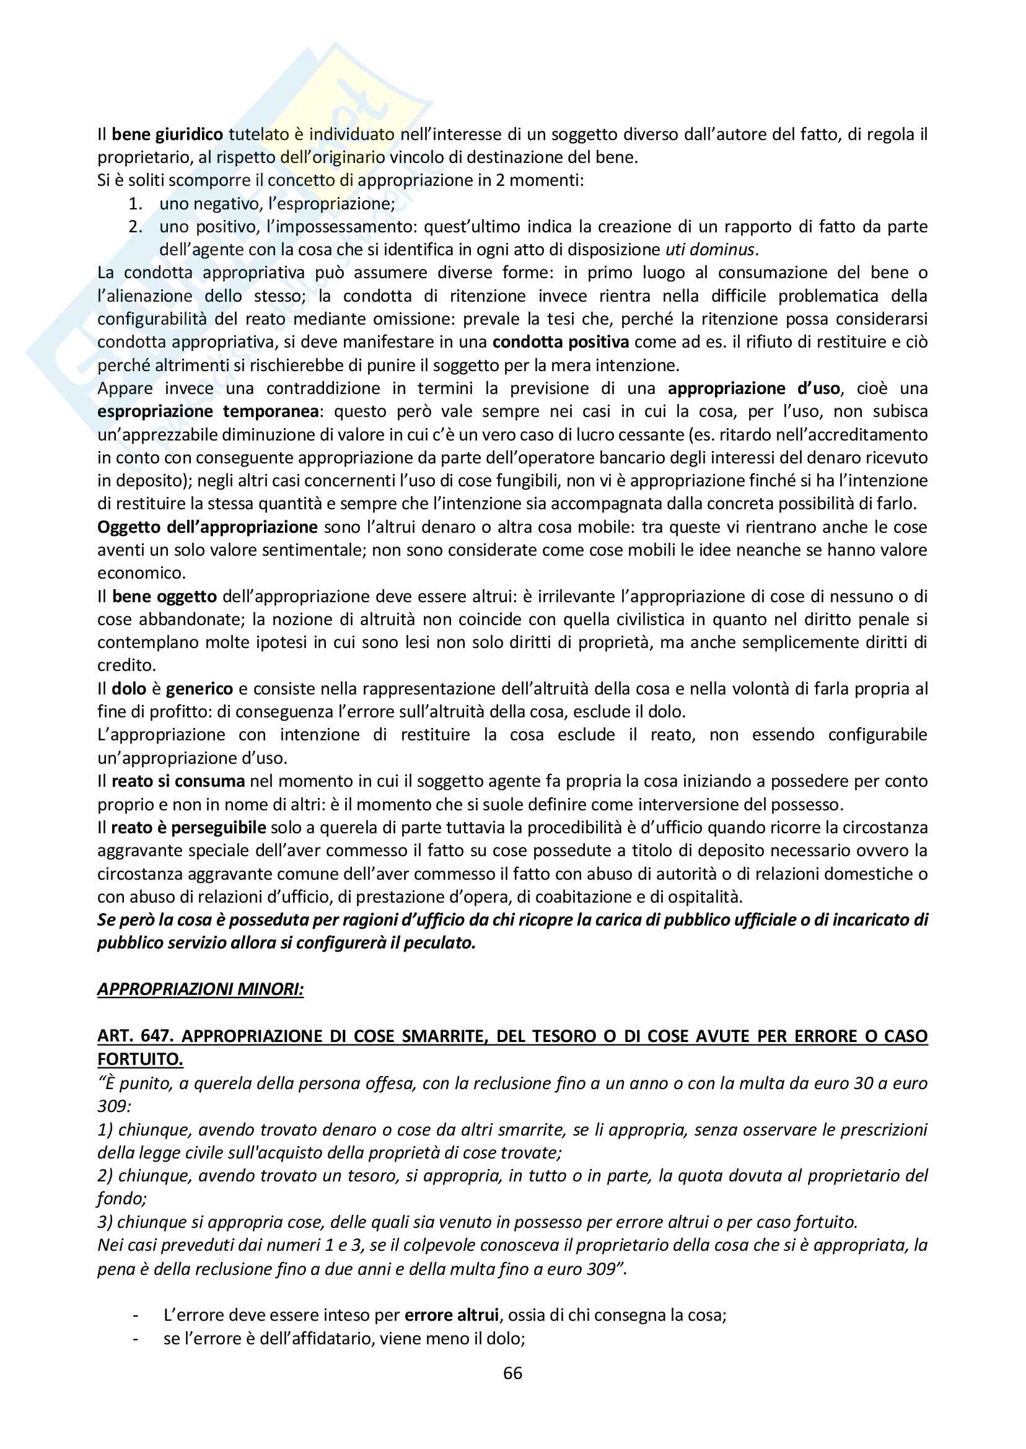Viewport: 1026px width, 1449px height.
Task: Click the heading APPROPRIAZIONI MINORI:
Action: (x=200, y=989)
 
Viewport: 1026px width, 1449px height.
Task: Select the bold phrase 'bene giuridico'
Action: (x=167, y=134)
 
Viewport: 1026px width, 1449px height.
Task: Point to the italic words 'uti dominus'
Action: (x=710, y=250)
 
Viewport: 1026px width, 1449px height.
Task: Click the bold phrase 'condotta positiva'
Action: (x=560, y=343)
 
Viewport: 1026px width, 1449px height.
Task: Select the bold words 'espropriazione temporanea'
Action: (x=208, y=412)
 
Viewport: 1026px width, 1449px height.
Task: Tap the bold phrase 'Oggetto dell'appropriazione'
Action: (x=207, y=527)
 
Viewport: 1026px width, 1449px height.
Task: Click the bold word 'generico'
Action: (x=199, y=688)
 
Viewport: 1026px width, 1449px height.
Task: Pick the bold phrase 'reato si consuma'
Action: (x=178, y=781)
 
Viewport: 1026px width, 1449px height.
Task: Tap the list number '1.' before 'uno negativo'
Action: (x=136, y=204)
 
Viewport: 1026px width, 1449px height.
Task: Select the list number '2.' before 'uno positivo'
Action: (x=136, y=227)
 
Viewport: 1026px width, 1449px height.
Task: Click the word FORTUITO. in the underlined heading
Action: (x=140, y=1059)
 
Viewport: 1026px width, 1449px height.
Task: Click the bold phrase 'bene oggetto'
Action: (x=164, y=597)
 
